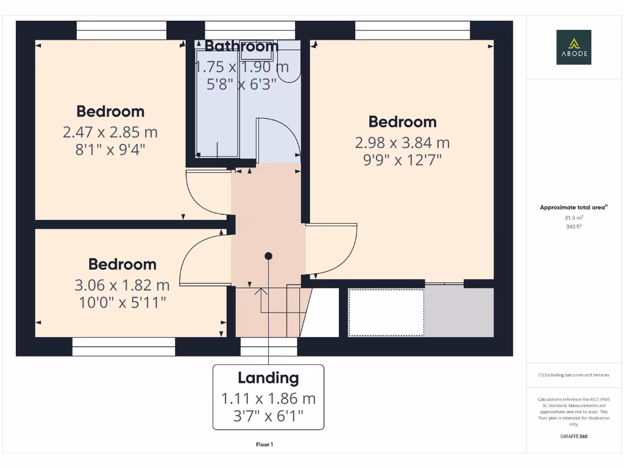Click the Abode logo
pos(573,48)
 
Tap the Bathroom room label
pos(241,46)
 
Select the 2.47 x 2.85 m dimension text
pos(110,132)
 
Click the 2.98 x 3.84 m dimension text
pos(402,143)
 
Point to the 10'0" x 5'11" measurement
pos(122,302)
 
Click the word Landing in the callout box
pos(268,378)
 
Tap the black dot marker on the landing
pos(268,257)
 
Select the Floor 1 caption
pos(264,444)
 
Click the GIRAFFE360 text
pos(573,436)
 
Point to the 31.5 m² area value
pos(573,217)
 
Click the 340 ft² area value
pos(573,226)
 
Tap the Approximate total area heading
pos(573,208)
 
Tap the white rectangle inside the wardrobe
pos(386,312)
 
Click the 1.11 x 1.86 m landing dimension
pos(268,399)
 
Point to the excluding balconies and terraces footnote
pos(573,375)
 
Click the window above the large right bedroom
pos(413,30)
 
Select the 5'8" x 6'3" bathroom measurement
pos(241,84)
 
